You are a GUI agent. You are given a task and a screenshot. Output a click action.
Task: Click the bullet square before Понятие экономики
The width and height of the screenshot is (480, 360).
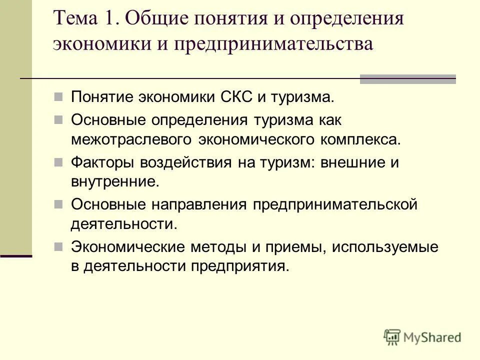[x=58, y=96]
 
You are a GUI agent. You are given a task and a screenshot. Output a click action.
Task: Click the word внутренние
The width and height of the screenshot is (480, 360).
[x=114, y=181]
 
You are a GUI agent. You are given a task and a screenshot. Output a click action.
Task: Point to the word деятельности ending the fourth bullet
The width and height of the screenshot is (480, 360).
[x=123, y=223]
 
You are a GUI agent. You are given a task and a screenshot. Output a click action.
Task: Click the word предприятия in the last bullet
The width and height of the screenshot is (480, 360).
[x=239, y=265]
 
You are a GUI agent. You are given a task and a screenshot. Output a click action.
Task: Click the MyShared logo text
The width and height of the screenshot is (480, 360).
[x=433, y=337]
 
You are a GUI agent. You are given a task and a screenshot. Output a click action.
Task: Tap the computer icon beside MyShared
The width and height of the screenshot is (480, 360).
[x=392, y=337]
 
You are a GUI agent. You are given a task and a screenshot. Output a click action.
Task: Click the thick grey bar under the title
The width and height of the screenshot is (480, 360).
[x=408, y=78]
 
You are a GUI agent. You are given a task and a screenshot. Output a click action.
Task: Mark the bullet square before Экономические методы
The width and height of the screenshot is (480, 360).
[x=58, y=246]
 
